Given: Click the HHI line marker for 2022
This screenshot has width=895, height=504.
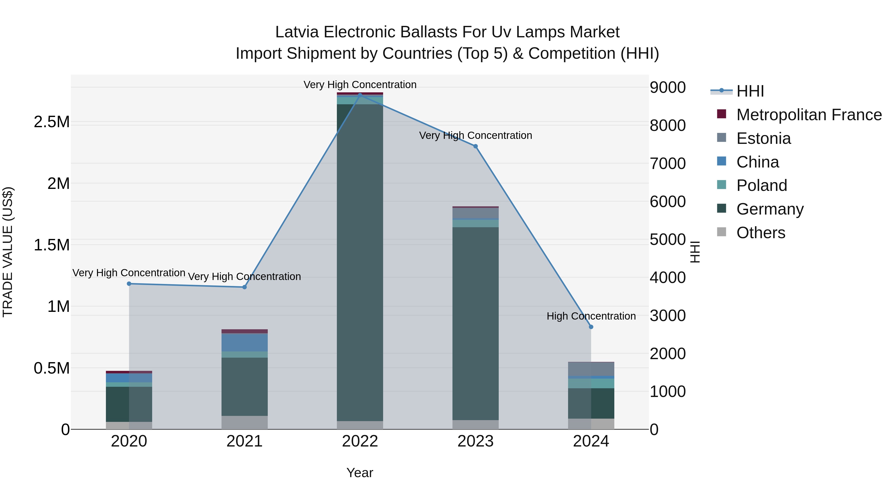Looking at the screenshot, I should click(360, 95).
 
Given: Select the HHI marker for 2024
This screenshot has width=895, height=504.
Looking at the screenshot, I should click(591, 327).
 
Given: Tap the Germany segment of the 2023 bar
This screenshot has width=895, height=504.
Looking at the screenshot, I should click(475, 324).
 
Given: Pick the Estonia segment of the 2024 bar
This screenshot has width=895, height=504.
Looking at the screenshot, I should click(591, 369).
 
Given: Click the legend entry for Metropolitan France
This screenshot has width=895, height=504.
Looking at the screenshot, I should click(809, 115).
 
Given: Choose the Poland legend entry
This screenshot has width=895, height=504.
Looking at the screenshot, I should click(761, 185).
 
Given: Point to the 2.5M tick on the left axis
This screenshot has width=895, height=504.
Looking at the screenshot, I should click(51, 122).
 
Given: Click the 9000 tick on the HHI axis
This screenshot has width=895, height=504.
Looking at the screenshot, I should click(668, 87).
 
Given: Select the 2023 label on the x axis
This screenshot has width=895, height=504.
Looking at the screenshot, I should click(475, 441).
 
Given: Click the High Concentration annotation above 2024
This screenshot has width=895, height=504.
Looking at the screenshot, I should click(591, 316).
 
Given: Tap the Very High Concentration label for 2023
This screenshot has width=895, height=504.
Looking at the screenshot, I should click(475, 135).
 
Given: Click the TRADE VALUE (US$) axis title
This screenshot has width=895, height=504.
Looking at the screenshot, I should click(8, 252).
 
